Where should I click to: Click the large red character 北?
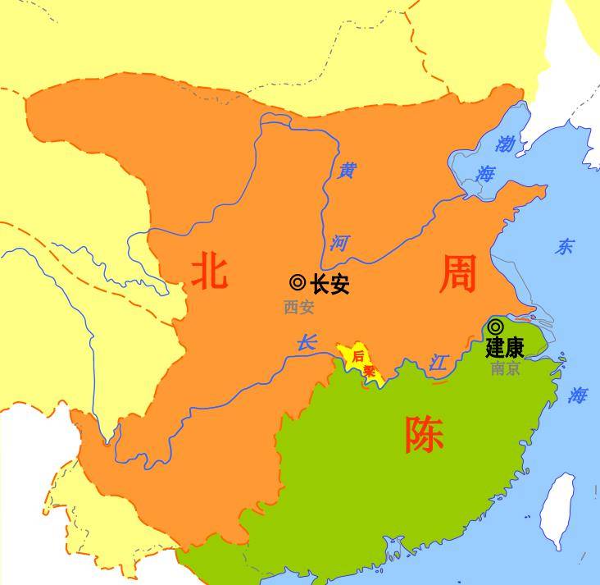[x=209, y=270]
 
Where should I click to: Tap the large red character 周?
[x=457, y=273]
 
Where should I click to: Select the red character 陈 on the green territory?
[x=424, y=435]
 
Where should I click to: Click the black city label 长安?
[x=330, y=285]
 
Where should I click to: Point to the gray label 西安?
[x=299, y=308]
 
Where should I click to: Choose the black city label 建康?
[x=504, y=348]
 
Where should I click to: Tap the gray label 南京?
[x=505, y=368]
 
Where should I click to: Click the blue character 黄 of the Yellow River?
[x=348, y=171]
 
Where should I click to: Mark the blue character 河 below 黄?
[x=340, y=243]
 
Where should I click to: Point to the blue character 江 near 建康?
[x=439, y=363]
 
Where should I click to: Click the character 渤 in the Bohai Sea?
[x=505, y=144]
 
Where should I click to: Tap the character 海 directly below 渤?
[x=486, y=174]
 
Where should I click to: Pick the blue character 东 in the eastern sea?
[x=565, y=247]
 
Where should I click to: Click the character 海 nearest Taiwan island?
[x=578, y=395]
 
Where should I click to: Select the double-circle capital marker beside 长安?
[x=298, y=283]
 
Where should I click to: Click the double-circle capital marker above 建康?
[x=495, y=327]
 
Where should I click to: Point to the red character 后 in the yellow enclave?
[x=357, y=356]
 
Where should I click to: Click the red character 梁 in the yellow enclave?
[x=369, y=372]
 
